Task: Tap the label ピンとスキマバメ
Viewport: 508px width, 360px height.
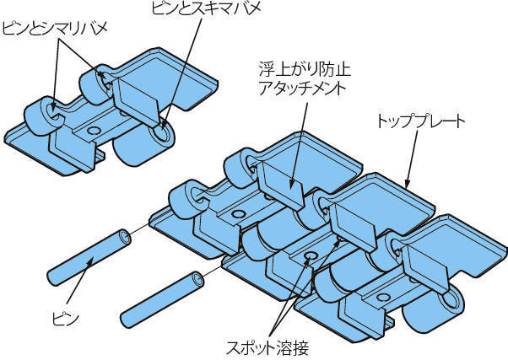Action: coord(200,10)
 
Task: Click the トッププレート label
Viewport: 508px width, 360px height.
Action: coord(420,121)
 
